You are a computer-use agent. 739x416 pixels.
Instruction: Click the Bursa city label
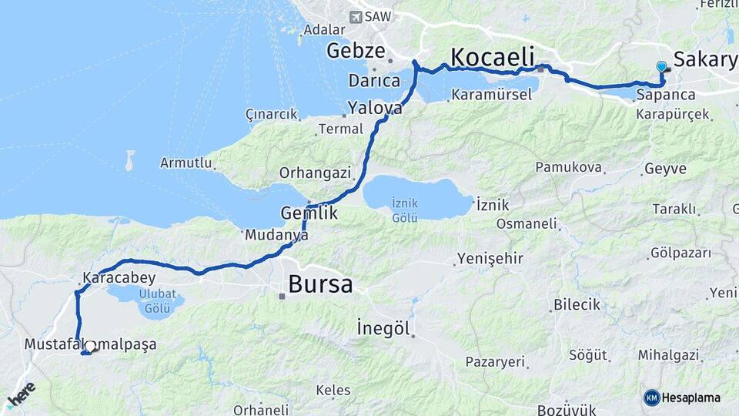tap(320, 284)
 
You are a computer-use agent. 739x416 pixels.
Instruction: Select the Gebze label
tap(355, 52)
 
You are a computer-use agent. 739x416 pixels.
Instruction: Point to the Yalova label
tap(374, 108)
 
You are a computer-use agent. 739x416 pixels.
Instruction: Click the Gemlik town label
tap(309, 213)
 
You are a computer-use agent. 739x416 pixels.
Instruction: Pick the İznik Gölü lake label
tap(404, 210)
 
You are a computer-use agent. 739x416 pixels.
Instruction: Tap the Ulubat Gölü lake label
tap(146, 301)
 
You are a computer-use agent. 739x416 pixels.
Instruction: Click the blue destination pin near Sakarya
tap(661, 68)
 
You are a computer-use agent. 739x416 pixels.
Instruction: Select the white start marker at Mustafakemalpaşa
tap(91, 347)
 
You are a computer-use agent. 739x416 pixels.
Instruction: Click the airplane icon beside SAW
tap(356, 16)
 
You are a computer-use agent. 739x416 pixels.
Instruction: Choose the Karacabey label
tap(119, 278)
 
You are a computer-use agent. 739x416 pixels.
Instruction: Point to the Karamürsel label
tap(492, 95)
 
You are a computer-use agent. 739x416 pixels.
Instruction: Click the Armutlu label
tap(186, 163)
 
